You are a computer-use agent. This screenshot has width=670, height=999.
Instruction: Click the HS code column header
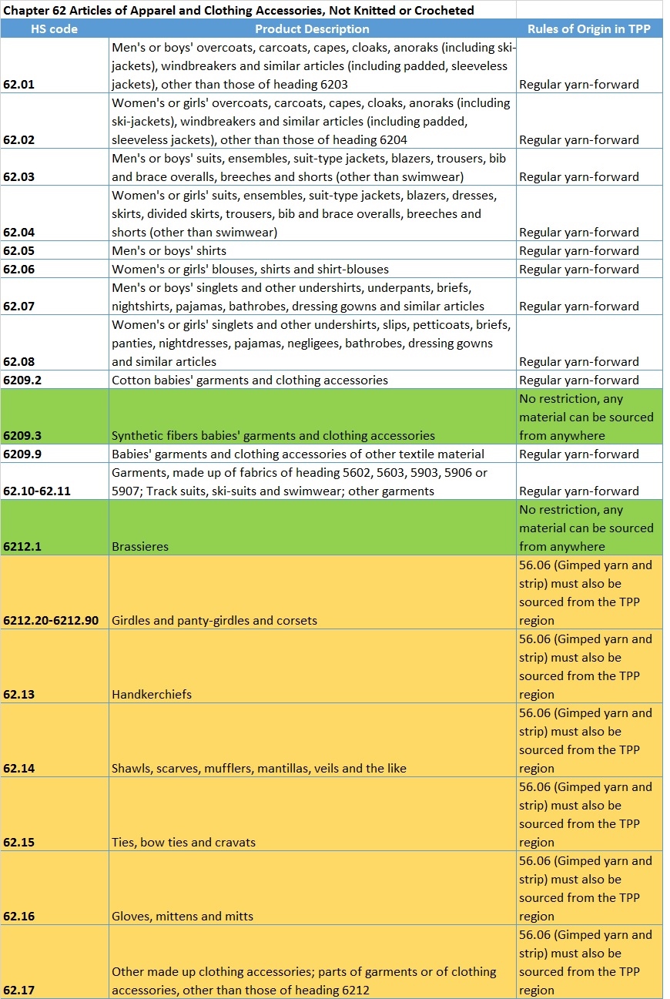pos(54,29)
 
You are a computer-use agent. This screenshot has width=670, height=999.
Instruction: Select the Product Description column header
pos(312,29)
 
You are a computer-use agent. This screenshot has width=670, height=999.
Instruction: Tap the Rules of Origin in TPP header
pos(589,29)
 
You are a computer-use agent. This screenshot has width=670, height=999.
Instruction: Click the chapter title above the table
pos(239,11)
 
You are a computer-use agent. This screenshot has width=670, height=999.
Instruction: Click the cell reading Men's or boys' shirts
pos(169,251)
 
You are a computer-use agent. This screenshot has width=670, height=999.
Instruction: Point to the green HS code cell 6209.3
pos(22,436)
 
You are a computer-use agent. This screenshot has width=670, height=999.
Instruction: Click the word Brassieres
pos(140,547)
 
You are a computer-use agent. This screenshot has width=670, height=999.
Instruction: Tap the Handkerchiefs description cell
pos(152,695)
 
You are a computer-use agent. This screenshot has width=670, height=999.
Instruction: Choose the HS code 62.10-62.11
pos(37,491)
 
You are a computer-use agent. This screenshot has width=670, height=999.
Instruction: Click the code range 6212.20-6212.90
pos(51,621)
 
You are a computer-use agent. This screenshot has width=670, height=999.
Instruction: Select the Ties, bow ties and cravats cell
pos(183,843)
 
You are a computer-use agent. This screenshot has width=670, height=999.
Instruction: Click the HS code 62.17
pos(18,991)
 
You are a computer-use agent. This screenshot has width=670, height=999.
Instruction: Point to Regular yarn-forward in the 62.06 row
pos(579,270)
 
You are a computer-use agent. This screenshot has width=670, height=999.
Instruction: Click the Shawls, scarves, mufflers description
pos(259,769)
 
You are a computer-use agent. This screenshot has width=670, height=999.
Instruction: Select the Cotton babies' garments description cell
pos(250,380)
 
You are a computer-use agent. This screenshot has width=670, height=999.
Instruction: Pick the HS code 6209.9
pos(22,454)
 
